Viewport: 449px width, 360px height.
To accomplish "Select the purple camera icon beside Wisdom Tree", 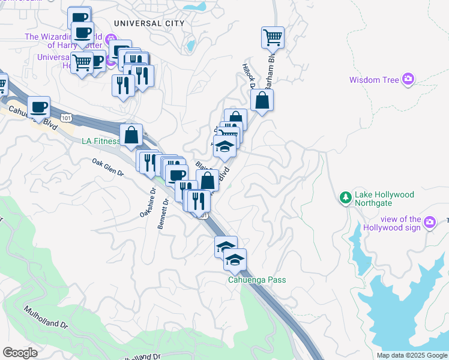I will pyautogui.click(x=409, y=79).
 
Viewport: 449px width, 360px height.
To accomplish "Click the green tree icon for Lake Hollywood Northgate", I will pyautogui.click(x=345, y=197).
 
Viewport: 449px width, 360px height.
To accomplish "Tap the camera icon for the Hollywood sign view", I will pyautogui.click(x=429, y=223).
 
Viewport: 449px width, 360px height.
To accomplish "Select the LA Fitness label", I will pyautogui.click(x=100, y=142).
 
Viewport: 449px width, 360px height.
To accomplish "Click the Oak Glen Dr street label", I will pyautogui.click(x=107, y=167).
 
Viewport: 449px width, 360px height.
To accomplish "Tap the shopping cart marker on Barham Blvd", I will pyautogui.click(x=273, y=38).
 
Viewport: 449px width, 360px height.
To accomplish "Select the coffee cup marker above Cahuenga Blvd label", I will pyautogui.click(x=38, y=107).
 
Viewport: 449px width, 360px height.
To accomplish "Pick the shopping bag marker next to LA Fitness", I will pyautogui.click(x=131, y=135).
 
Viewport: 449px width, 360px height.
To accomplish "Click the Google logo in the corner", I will pyautogui.click(x=20, y=353).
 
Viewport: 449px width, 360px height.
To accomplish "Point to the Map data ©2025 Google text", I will pyautogui.click(x=411, y=355).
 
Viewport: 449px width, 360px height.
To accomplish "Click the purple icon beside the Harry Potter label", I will pyautogui.click(x=110, y=41).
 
